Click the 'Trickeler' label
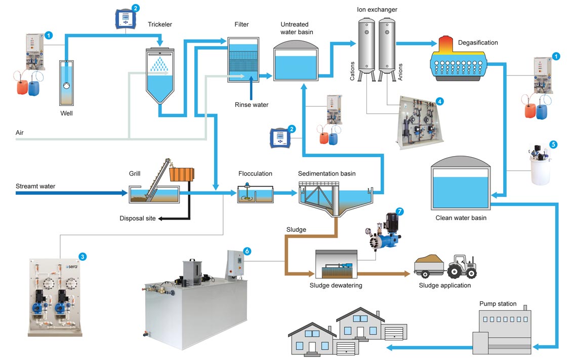coord(161,24)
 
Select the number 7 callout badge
coord(401,210)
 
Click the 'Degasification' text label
coord(478,43)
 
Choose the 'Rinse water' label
coord(252,105)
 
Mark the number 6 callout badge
coord(247,251)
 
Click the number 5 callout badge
coord(553,144)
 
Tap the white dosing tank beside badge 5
coord(541,167)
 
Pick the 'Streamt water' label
coord(35,186)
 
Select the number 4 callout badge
coord(439,101)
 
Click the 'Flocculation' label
coord(255,173)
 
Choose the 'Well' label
coord(66,113)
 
